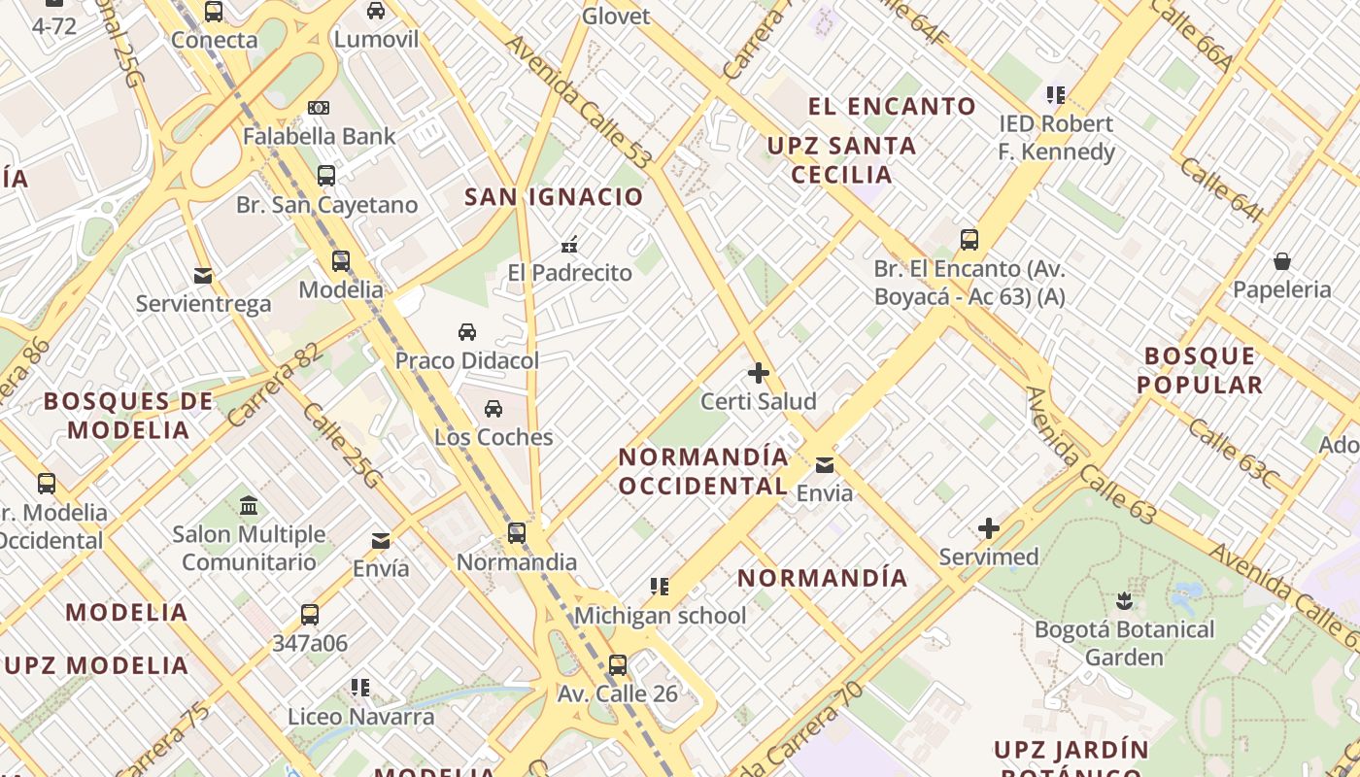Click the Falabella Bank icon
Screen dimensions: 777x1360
pos(319,108)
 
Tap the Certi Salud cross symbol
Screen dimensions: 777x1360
pos(759,373)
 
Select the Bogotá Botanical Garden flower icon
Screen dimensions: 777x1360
pos(1124,601)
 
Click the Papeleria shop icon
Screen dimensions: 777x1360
pos(1282,261)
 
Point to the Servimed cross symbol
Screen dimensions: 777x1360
pos(989,528)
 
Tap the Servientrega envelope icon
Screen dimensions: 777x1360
pos(203,276)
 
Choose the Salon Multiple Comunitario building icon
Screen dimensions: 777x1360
pos(249,506)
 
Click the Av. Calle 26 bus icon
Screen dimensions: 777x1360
pos(618,665)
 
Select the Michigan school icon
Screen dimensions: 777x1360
pos(660,587)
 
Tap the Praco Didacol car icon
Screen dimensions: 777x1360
pos(467,332)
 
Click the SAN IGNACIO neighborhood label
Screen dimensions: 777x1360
pos(554,197)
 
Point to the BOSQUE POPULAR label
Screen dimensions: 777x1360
pos(1200,370)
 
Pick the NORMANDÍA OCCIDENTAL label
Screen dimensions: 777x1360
pos(703,471)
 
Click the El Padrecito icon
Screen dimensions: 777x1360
pos(570,245)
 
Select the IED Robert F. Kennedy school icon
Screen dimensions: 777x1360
pos(1056,95)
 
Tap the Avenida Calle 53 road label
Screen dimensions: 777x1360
pos(578,102)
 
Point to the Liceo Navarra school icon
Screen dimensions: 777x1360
pos(360,688)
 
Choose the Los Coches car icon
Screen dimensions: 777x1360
pos(493,409)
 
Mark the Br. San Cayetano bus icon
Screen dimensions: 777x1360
pos(326,176)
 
